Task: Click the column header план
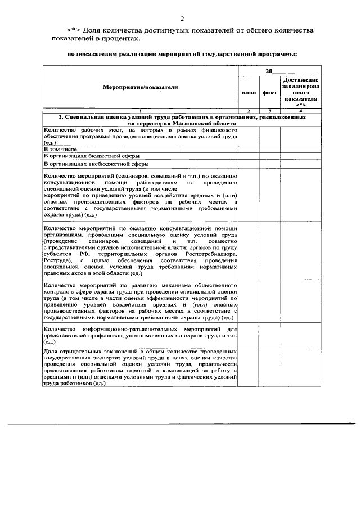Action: [x=247, y=92]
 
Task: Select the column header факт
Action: [x=269, y=92]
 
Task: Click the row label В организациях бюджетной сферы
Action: [x=91, y=156]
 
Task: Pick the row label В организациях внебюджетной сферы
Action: [x=96, y=164]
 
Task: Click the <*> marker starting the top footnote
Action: [x=73, y=30]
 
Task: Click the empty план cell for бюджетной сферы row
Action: [x=247, y=156]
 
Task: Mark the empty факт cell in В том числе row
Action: [x=269, y=149]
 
